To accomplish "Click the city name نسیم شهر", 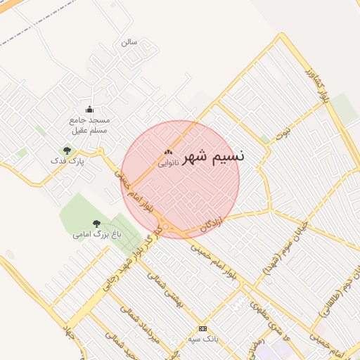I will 214,157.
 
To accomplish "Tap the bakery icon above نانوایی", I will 167,152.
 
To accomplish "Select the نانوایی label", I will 167,162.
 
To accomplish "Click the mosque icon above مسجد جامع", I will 89,109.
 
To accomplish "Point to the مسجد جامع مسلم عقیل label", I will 90,125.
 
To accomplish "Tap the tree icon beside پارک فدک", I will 67,150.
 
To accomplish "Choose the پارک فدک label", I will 67,161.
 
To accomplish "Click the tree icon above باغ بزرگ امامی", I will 96,224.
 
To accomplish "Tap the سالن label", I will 129,42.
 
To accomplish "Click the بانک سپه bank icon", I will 202,328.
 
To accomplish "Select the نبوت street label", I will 282,134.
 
